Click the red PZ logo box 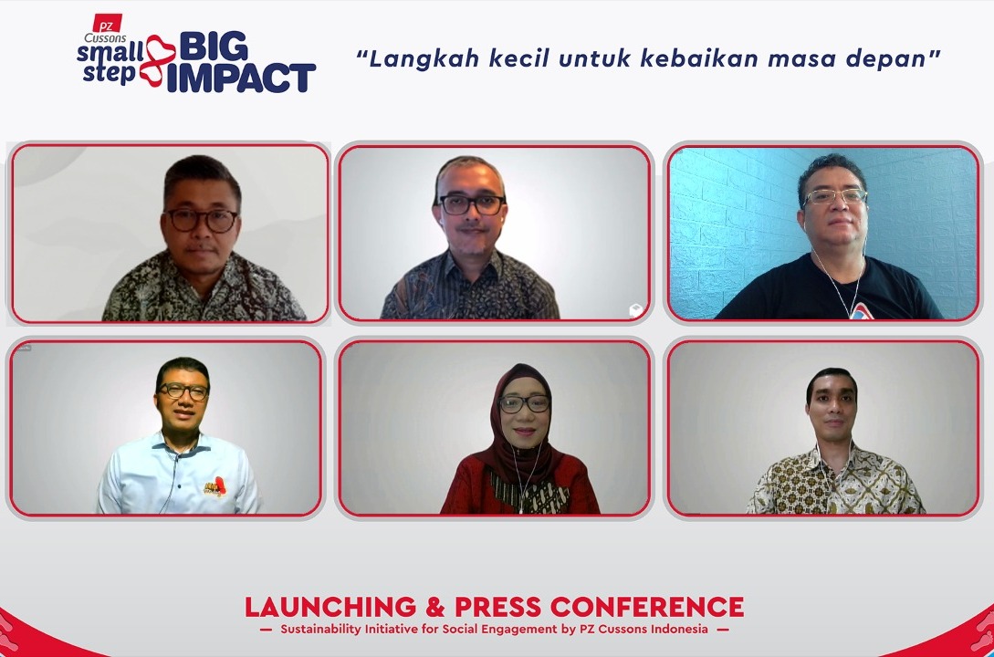pos(107,21)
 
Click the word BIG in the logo pos(214,47)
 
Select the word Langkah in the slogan pos(407,59)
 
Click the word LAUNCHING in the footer pos(317,607)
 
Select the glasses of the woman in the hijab pos(524,403)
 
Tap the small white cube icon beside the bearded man pos(635,310)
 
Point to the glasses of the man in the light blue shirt pos(183,391)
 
